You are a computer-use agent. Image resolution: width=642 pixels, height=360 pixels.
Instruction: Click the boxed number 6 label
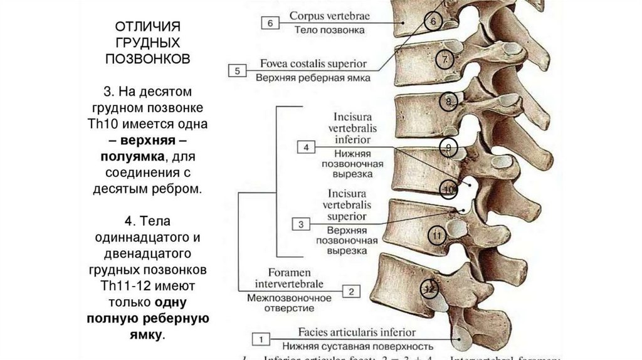pyautogui.click(x=270, y=23)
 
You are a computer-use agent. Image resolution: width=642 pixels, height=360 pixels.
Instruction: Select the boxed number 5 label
pyautogui.click(x=238, y=70)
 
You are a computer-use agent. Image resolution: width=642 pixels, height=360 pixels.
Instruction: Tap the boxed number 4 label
pyautogui.click(x=306, y=147)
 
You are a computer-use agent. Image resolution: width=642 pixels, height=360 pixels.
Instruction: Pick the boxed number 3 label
pyautogui.click(x=301, y=224)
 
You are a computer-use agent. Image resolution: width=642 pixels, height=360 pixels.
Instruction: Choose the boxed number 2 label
pyautogui.click(x=351, y=291)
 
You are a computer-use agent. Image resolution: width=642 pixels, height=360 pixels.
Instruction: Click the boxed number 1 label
pyautogui.click(x=260, y=339)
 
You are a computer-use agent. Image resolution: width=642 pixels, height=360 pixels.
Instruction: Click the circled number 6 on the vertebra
pyautogui.click(x=433, y=21)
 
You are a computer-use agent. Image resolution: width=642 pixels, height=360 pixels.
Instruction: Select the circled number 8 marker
pyautogui.click(x=448, y=101)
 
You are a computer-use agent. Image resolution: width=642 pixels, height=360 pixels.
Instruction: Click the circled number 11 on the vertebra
pyautogui.click(x=437, y=236)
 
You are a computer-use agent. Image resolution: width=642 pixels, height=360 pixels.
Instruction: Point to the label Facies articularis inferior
pyautogui.click(x=357, y=332)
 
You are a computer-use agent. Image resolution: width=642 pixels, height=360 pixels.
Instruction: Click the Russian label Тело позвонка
pyautogui.click(x=329, y=29)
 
